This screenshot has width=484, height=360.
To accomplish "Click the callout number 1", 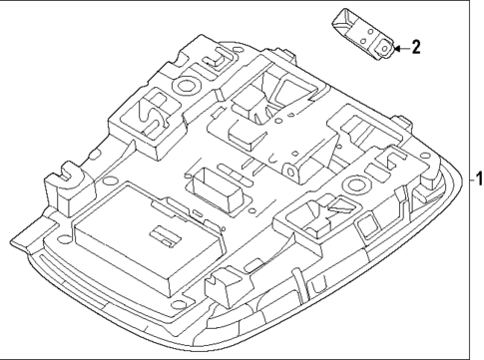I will coord(477,180).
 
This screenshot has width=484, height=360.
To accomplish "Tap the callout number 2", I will coord(416,47).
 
